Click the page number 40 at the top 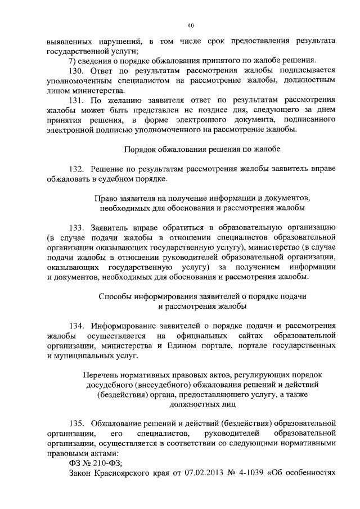(191, 25)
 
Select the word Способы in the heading (115, 296)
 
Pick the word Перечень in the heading (102, 374)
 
